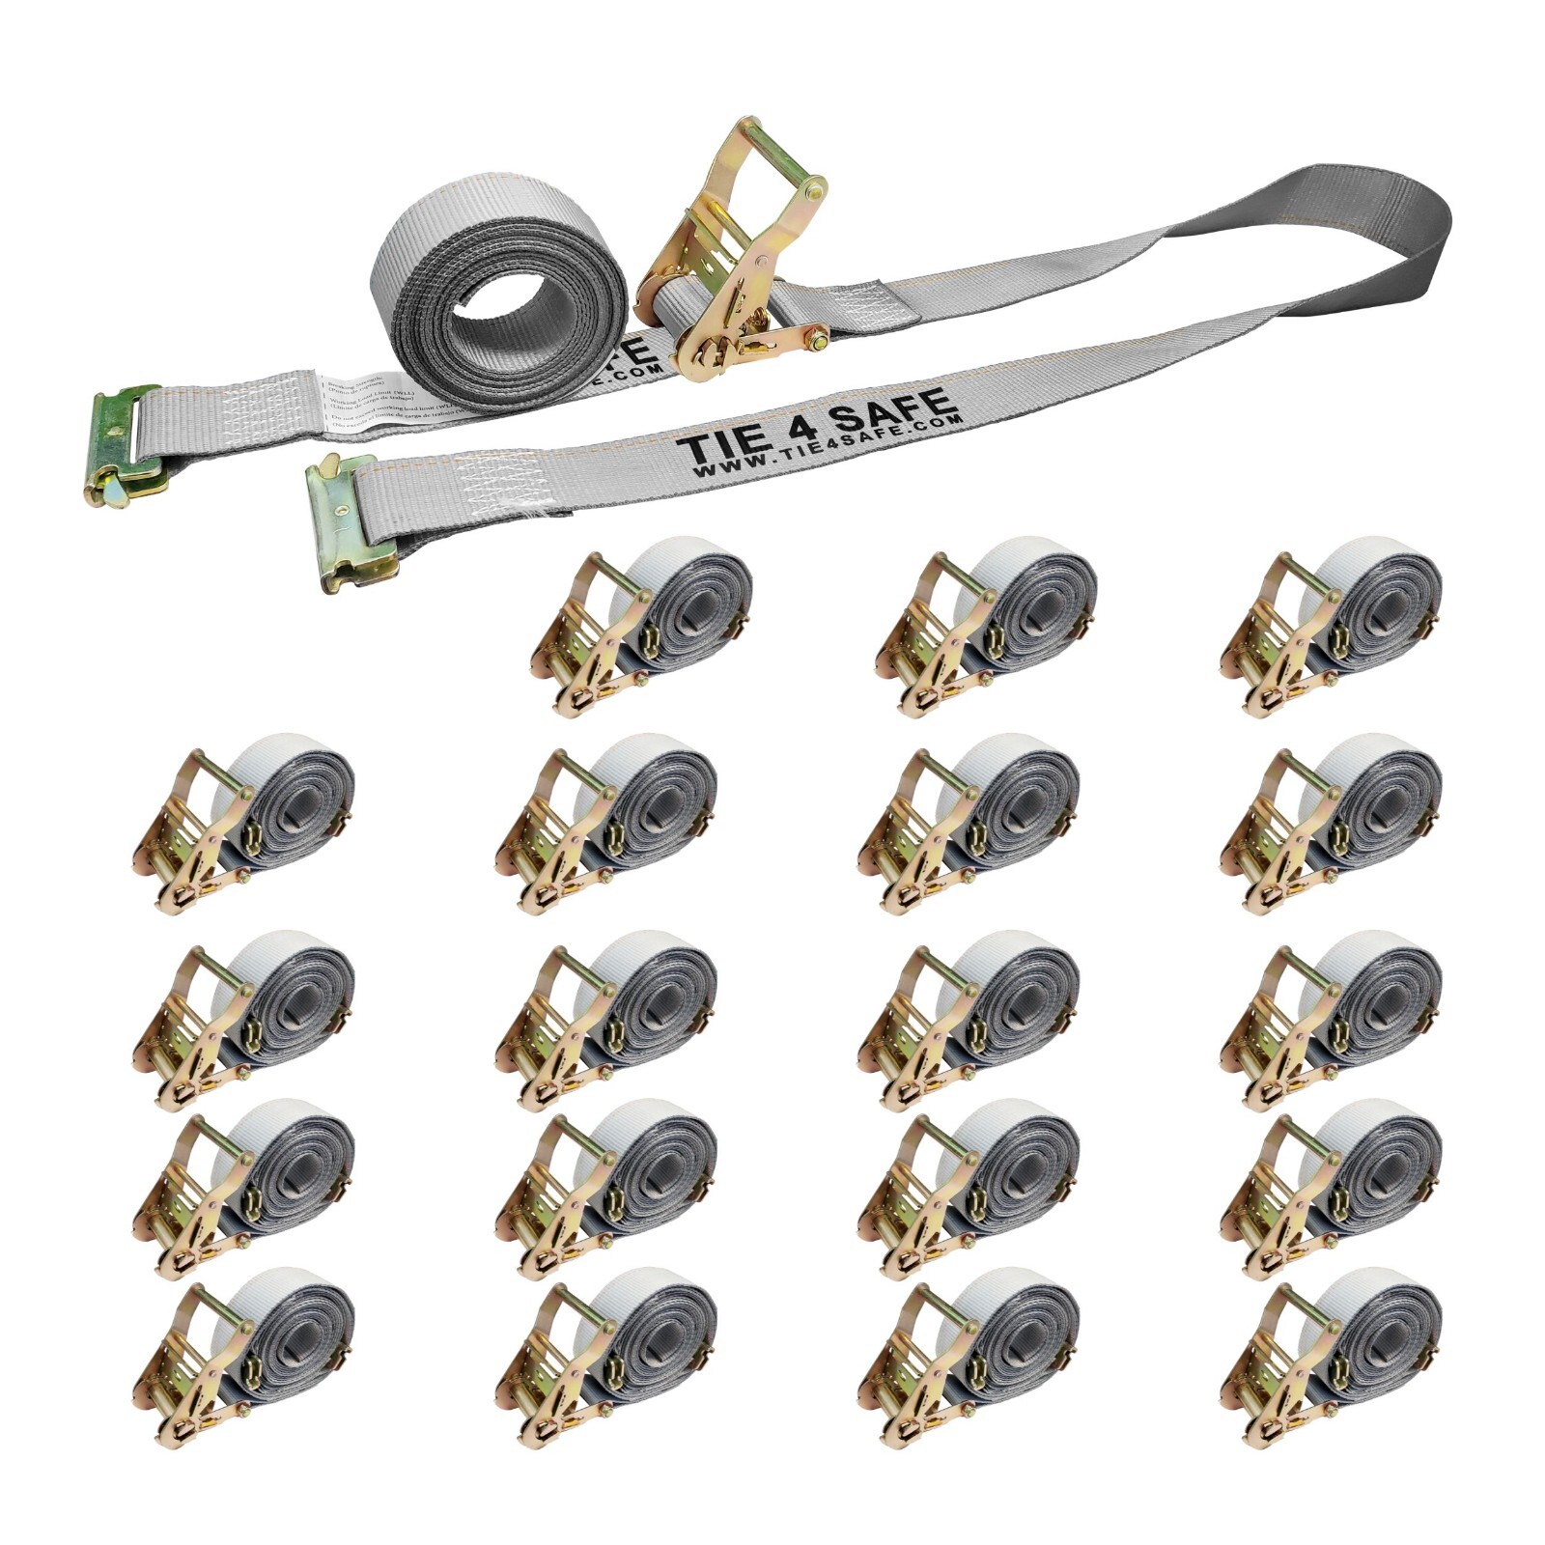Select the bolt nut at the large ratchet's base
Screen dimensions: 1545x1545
(x=820, y=339)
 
